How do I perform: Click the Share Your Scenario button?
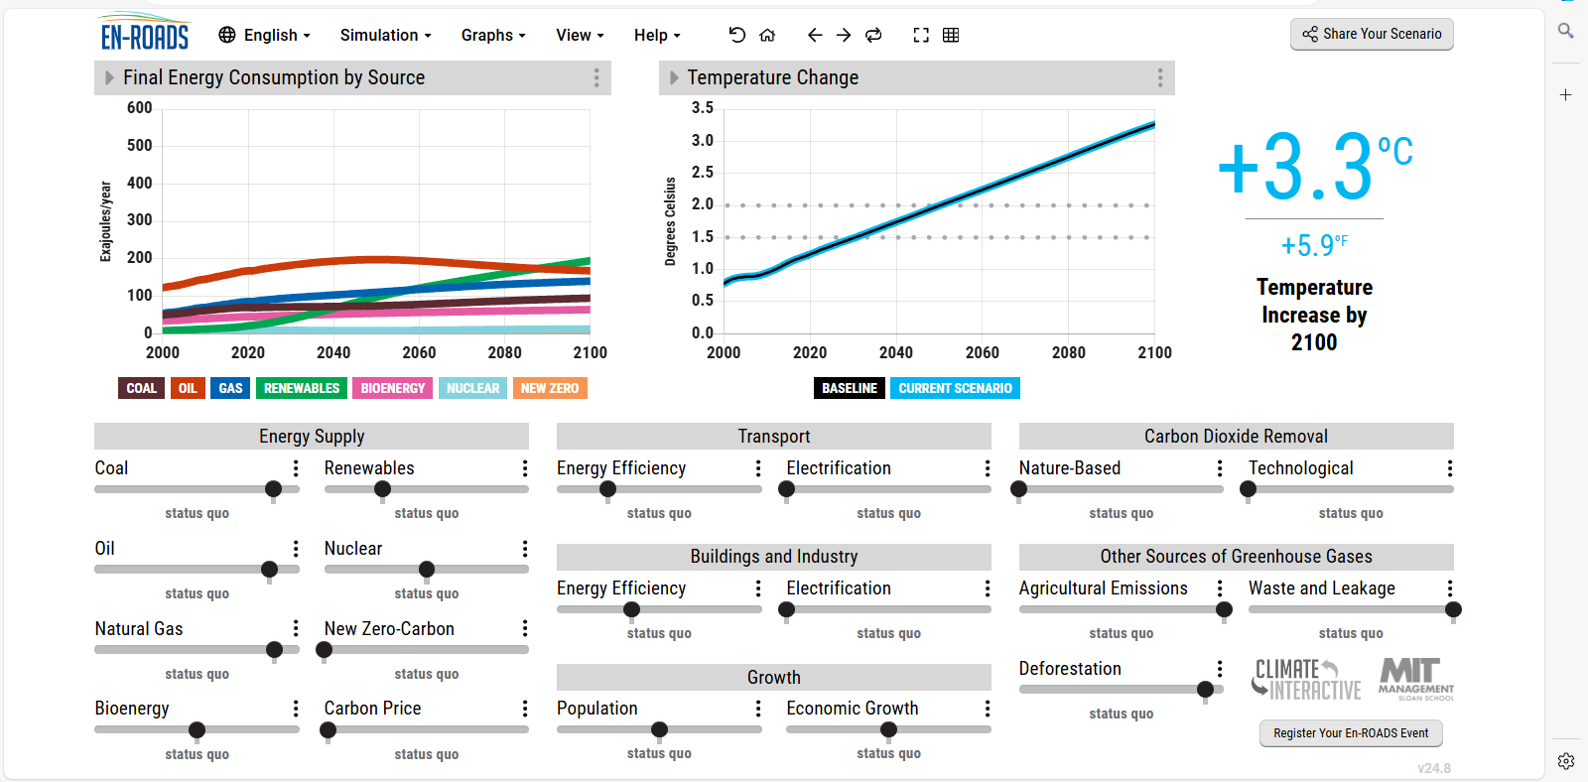tap(1372, 34)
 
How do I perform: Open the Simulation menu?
tap(386, 35)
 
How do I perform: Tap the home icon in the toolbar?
tap(767, 35)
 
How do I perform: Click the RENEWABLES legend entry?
tap(302, 388)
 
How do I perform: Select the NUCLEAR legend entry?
tap(472, 388)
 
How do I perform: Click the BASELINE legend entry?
tap(850, 388)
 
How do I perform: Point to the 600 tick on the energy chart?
tap(140, 108)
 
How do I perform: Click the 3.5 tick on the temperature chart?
tap(702, 108)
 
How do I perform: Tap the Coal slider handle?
tap(273, 488)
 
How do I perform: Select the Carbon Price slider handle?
tap(328, 729)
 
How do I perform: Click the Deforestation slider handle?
tap(1205, 689)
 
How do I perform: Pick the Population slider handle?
tap(659, 729)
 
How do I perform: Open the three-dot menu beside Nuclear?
tap(525, 549)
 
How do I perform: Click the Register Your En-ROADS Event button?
tap(1351, 733)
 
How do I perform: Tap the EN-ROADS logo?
tap(145, 32)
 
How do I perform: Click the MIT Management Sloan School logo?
tap(1415, 679)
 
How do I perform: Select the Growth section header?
tap(773, 677)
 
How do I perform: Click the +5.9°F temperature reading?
tap(1314, 245)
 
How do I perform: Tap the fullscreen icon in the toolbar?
tap(921, 35)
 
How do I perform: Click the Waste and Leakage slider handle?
tap(1453, 609)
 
